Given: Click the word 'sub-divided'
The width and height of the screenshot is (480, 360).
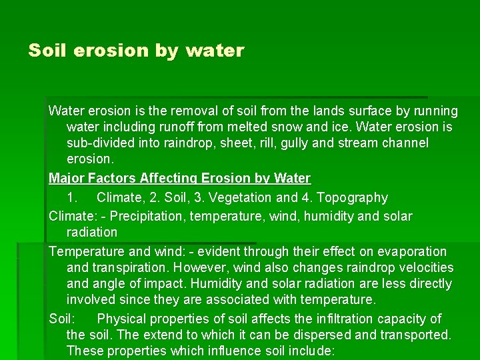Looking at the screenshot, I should [100, 143].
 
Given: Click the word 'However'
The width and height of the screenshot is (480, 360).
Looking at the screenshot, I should [201, 267].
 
